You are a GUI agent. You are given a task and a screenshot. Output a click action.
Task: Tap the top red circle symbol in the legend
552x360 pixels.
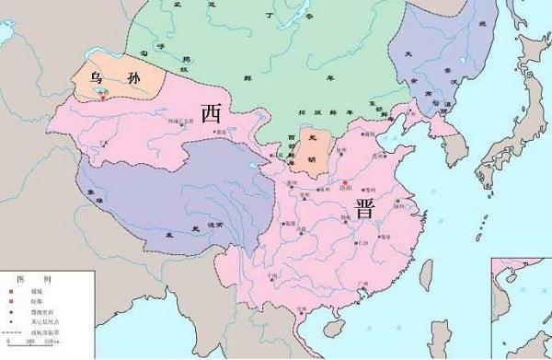pyautogui.click(x=21, y=291)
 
